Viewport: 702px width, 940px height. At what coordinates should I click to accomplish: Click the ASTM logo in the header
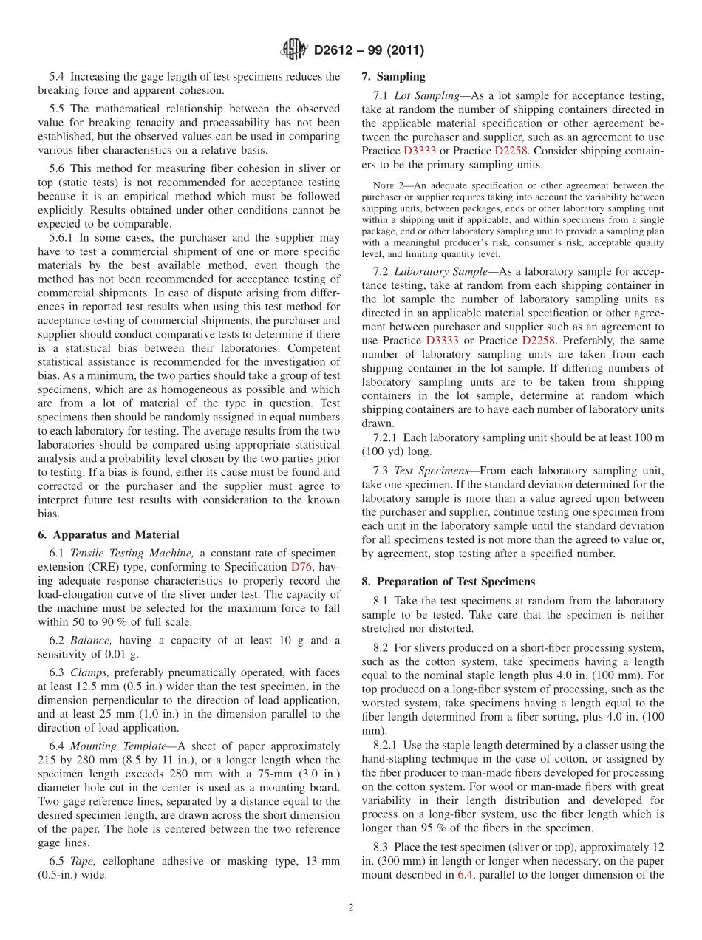pyautogui.click(x=294, y=50)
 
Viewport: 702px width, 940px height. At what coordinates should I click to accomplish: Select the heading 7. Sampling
pyautogui.click(x=393, y=76)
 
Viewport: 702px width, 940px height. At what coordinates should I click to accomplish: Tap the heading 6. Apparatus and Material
pyautogui.click(x=108, y=534)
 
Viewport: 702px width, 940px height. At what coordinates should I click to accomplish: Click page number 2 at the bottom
pyautogui.click(x=351, y=908)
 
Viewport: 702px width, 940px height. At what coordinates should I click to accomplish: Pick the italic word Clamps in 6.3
pyautogui.click(x=87, y=672)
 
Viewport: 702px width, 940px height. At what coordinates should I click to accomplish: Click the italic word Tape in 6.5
pyautogui.click(x=81, y=861)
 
